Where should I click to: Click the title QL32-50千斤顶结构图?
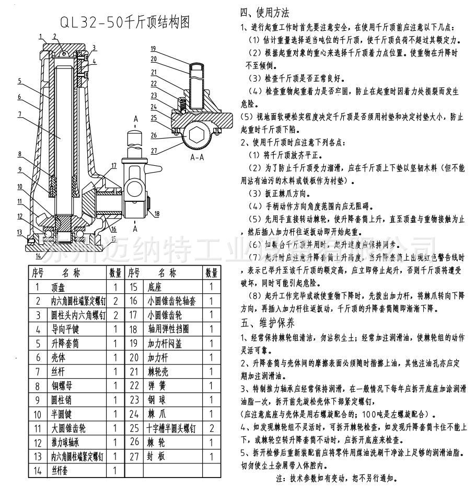coord(124,22)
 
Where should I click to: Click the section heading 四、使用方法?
coord(264,13)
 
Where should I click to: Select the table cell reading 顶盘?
coord(57,287)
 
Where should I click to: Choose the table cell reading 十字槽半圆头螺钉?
coord(170,428)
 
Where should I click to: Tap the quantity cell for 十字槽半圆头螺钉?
coord(211,428)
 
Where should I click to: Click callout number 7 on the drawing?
coord(19,113)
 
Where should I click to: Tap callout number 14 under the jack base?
coord(39,256)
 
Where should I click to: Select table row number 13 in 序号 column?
coord(37,456)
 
